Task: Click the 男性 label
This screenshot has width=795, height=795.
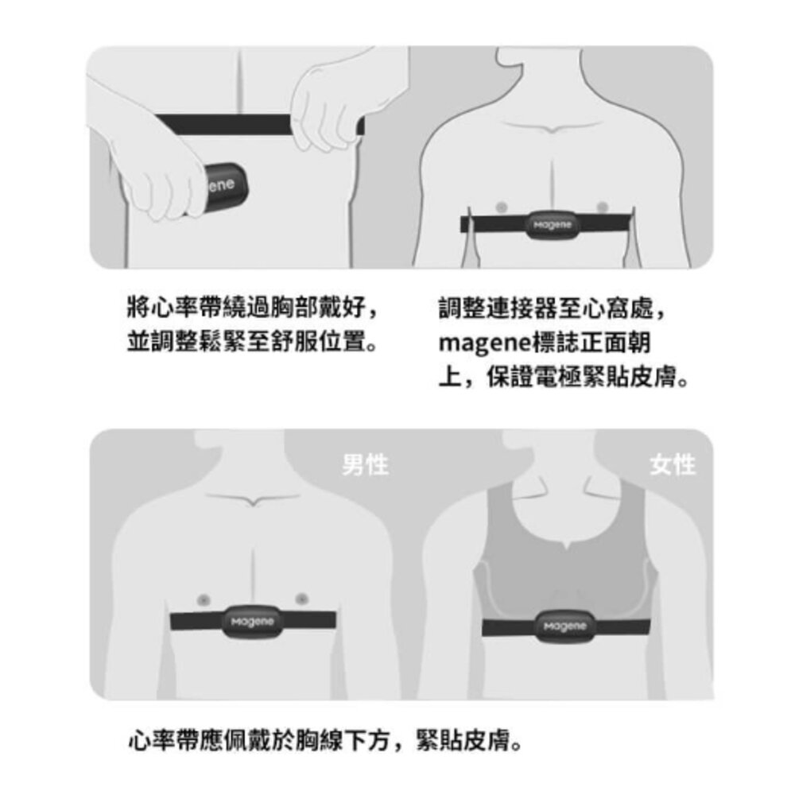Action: pos(366,464)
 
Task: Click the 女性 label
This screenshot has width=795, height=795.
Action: pos(673,464)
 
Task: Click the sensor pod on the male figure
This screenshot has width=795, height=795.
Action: pos(252,622)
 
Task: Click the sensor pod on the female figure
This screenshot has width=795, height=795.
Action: pos(564,626)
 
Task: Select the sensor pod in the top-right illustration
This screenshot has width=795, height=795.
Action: pos(553,225)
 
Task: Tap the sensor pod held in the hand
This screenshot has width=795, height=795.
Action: pos(224,187)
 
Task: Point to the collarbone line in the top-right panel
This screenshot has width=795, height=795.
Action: pos(552,128)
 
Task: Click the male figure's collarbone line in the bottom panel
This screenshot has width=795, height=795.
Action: pos(252,499)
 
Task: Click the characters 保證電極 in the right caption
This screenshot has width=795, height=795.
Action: pos(533,376)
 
